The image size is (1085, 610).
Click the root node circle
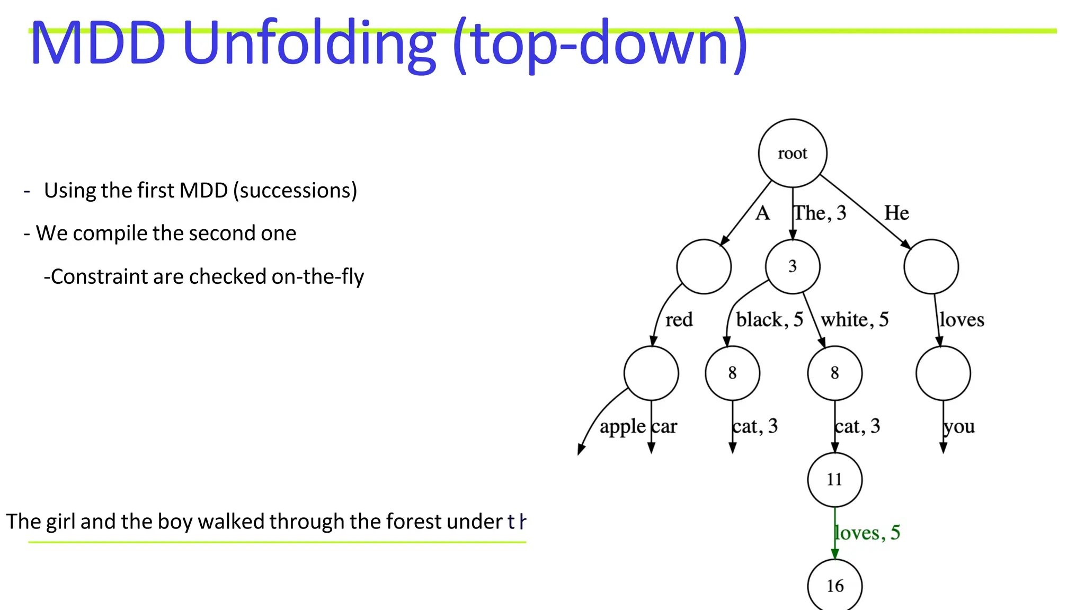792,153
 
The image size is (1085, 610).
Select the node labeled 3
792,266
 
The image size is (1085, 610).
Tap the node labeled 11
834,480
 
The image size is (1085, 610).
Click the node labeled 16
834,586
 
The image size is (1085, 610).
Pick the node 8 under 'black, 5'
732,373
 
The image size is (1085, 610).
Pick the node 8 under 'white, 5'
834,373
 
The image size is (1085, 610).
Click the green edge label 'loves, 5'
867,533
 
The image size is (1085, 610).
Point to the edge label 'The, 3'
820,213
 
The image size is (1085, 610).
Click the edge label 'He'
896,213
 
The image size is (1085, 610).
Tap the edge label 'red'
679,320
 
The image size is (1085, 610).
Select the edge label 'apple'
622,427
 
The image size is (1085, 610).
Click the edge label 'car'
664,427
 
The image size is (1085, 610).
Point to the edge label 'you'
959,427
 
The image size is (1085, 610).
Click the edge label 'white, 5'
854,320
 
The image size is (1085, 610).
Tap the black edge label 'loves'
962,320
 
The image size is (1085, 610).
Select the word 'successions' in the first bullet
295,191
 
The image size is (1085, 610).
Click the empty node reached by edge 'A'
704,266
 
